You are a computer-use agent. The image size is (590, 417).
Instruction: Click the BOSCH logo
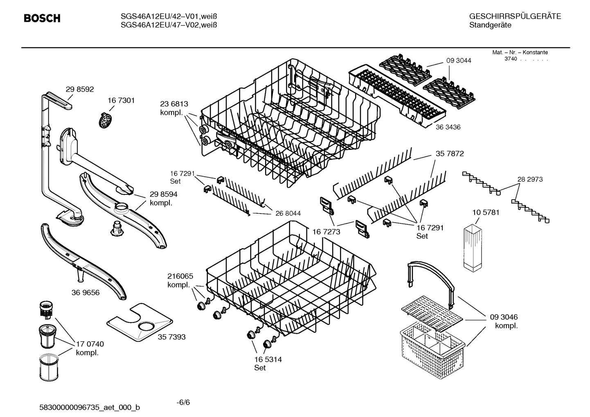pyautogui.click(x=42, y=18)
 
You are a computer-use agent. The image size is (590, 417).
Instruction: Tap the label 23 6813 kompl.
pyautogui.click(x=174, y=108)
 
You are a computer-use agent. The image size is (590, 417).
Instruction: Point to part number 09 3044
pyautogui.click(x=458, y=61)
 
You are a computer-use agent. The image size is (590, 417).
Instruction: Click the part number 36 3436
pyautogui.click(x=448, y=127)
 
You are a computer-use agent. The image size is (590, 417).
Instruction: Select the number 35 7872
pyautogui.click(x=449, y=154)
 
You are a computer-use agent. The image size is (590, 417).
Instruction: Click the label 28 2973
pyautogui.click(x=530, y=179)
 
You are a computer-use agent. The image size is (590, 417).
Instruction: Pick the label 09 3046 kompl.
pyautogui.click(x=504, y=321)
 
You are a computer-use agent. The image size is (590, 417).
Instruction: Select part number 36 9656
pyautogui.click(x=85, y=293)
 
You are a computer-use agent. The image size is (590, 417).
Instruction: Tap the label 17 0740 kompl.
pyautogui.click(x=90, y=349)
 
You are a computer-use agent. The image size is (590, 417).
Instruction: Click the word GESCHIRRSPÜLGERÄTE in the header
pyautogui.click(x=515, y=16)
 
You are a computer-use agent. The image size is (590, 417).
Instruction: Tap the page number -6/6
pyautogui.click(x=183, y=402)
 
